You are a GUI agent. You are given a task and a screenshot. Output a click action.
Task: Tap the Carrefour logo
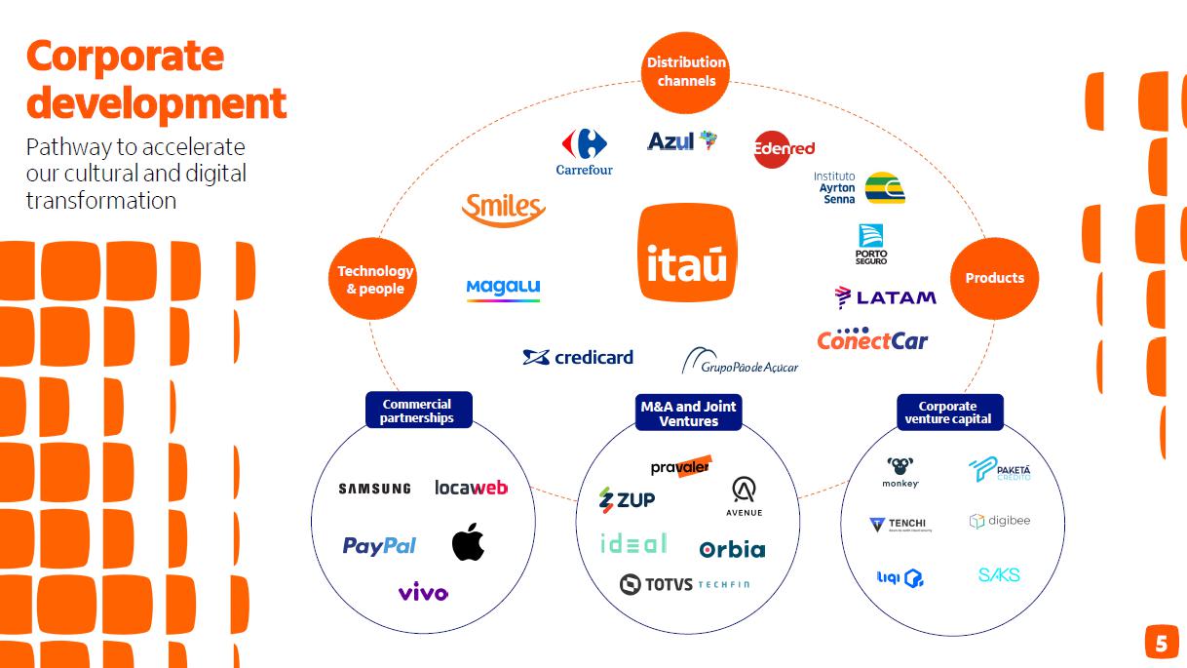click(584, 151)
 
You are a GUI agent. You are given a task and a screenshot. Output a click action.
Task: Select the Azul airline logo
click(682, 141)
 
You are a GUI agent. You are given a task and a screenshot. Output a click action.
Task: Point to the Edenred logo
click(785, 148)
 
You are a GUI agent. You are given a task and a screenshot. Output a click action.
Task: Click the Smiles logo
click(503, 209)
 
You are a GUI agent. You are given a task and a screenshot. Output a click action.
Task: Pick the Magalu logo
click(503, 289)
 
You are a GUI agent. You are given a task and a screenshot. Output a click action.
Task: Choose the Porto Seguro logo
click(871, 244)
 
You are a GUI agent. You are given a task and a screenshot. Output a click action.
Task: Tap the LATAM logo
click(885, 297)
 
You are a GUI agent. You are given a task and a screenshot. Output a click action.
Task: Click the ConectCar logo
click(872, 339)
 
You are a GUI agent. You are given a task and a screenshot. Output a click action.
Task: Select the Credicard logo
click(578, 357)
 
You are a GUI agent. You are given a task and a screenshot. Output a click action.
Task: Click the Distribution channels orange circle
click(686, 72)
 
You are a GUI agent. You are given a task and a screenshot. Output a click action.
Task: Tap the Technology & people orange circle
click(375, 279)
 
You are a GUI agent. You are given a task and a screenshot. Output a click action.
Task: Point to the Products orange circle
click(994, 278)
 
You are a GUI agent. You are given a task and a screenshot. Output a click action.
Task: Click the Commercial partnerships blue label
click(417, 411)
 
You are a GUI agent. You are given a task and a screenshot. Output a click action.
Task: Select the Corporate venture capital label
click(948, 413)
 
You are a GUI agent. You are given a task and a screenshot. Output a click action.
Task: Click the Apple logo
click(468, 542)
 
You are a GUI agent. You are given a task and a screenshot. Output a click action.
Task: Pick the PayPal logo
click(379, 545)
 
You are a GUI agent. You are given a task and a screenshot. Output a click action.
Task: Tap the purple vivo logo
click(423, 592)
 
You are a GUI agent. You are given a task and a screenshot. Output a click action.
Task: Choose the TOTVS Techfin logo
click(685, 584)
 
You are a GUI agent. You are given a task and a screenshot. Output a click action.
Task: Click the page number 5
click(1161, 644)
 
